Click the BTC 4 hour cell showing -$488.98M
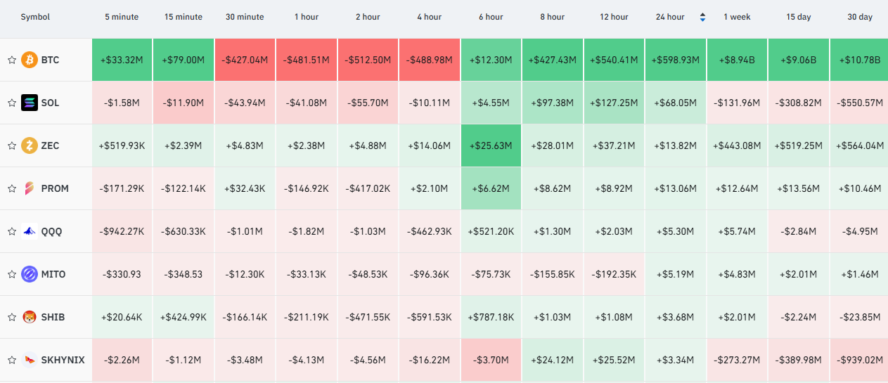[430, 60]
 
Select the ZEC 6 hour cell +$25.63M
[491, 145]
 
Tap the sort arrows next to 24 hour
[702, 17]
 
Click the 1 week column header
[737, 17]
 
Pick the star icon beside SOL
[12, 103]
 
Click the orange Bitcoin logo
[30, 60]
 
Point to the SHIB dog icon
[30, 317]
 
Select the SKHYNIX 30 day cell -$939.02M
[859, 360]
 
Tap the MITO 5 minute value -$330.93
[122, 274]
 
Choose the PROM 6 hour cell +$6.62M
[491, 188]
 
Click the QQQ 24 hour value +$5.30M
[675, 231]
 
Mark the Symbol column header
[35, 17]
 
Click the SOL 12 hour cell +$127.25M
[614, 103]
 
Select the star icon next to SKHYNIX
[12, 360]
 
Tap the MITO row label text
[53, 274]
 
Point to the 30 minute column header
[245, 17]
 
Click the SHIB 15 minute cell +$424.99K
[183, 317]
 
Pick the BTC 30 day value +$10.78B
[859, 60]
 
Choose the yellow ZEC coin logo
[30, 145]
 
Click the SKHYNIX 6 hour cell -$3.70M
[491, 360]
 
